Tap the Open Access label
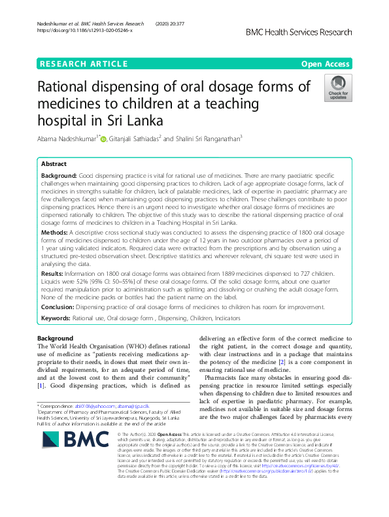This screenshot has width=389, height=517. (326, 63)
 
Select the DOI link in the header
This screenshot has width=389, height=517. (85, 31)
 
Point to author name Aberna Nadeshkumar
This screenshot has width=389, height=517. (67, 138)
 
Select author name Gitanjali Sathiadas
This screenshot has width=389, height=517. (135, 138)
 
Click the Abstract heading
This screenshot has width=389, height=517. (54, 165)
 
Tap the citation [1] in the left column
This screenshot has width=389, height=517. (40, 386)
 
